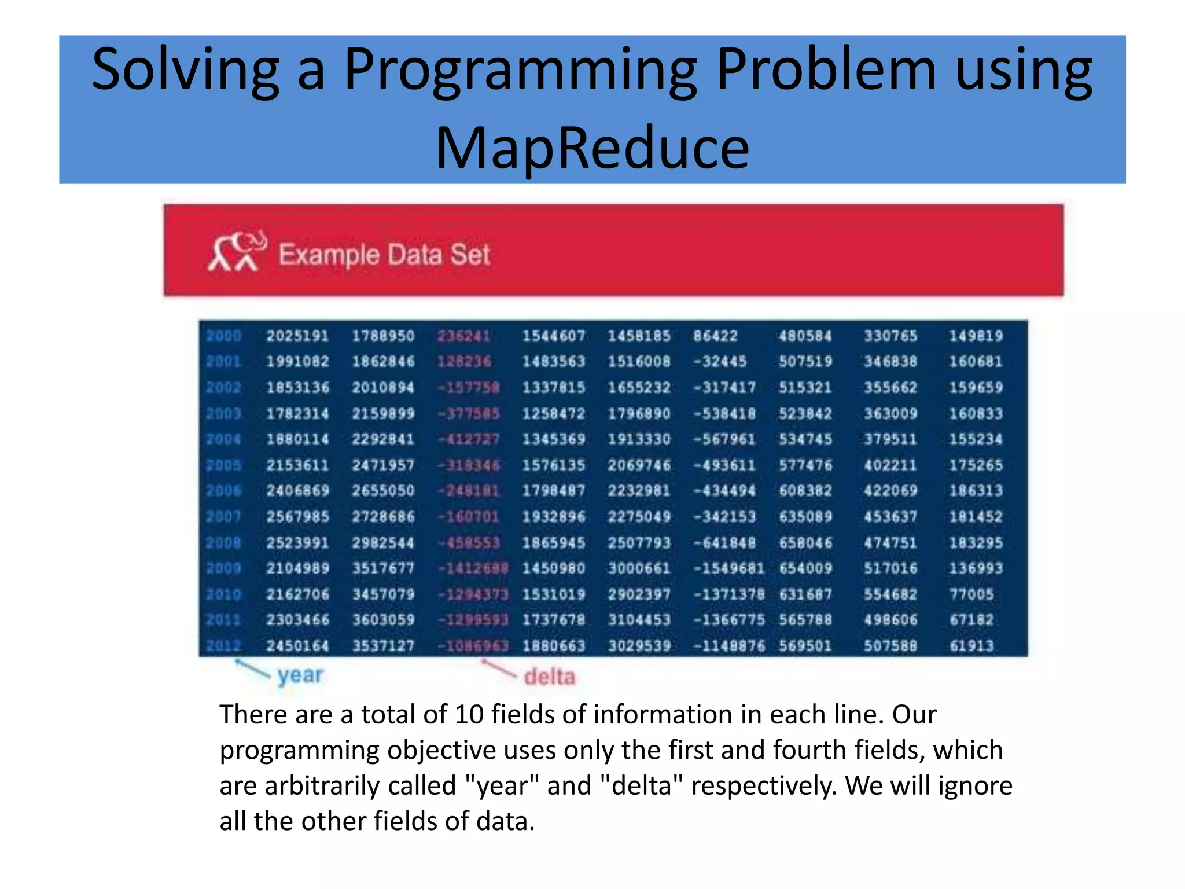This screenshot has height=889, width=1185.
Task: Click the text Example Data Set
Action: pyautogui.click(x=384, y=255)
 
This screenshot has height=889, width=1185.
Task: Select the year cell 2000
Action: pyautogui.click(x=223, y=336)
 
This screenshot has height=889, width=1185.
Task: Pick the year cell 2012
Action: pyautogui.click(x=223, y=645)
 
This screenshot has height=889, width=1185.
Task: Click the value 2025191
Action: pyautogui.click(x=297, y=336)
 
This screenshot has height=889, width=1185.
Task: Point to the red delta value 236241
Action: pyautogui.click(x=464, y=336)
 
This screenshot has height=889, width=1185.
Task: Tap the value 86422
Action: pyautogui.click(x=715, y=336)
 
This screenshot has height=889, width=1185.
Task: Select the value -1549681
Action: pyautogui.click(x=728, y=568)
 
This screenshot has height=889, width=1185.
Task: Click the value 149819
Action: pyautogui.click(x=976, y=336)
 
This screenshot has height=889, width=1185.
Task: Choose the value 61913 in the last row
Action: pyautogui.click(x=971, y=645)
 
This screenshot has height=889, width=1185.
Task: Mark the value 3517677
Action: pyautogui.click(x=383, y=568)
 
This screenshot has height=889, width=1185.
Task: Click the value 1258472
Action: pyautogui.click(x=554, y=413)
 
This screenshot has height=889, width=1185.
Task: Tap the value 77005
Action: pyautogui.click(x=971, y=594)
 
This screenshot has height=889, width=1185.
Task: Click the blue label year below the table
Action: pyautogui.click(x=300, y=675)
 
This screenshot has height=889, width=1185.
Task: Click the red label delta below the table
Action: pyautogui.click(x=549, y=676)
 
